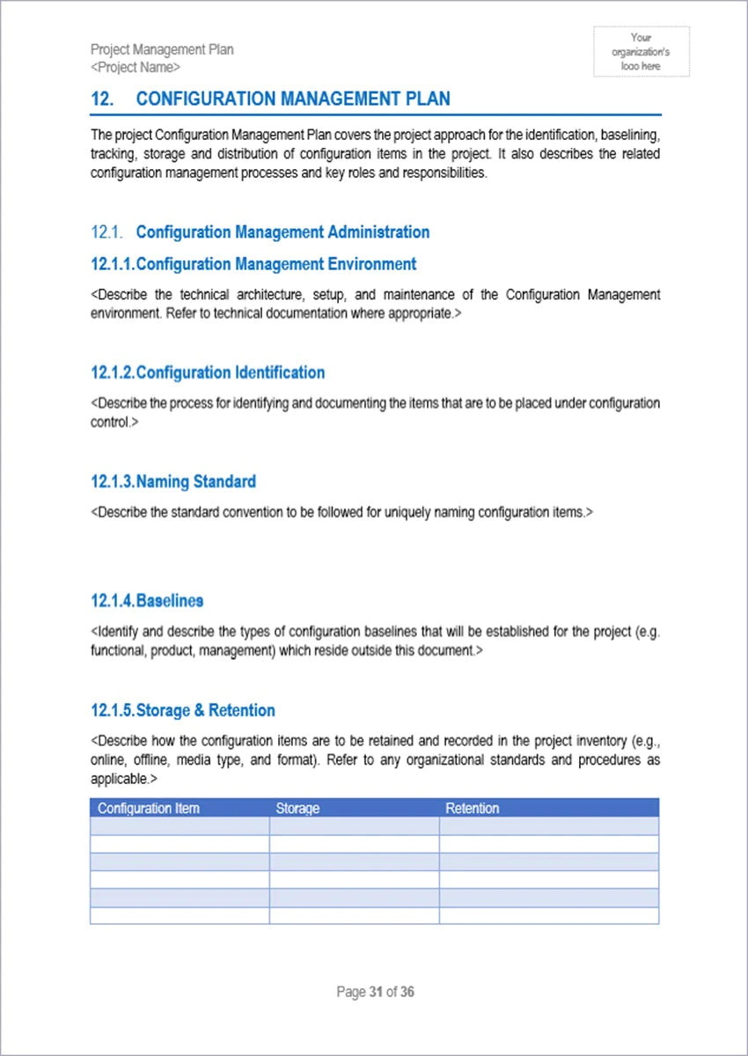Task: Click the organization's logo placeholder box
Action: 641,51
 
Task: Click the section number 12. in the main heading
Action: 102,99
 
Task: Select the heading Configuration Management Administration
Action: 282,232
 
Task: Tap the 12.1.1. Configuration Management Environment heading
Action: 253,264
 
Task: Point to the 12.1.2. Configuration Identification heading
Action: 208,372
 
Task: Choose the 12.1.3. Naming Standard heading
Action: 173,481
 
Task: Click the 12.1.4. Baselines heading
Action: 147,601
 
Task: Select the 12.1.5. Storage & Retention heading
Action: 183,710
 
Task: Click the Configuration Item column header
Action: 149,808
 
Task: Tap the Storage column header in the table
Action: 297,808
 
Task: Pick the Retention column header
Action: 472,808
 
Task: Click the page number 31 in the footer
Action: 376,992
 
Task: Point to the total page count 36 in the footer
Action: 407,992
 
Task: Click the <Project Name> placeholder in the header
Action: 136,67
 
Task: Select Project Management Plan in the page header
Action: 162,49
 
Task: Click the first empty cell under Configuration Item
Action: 180,826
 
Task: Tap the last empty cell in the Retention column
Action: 548,916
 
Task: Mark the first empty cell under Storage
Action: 354,826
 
